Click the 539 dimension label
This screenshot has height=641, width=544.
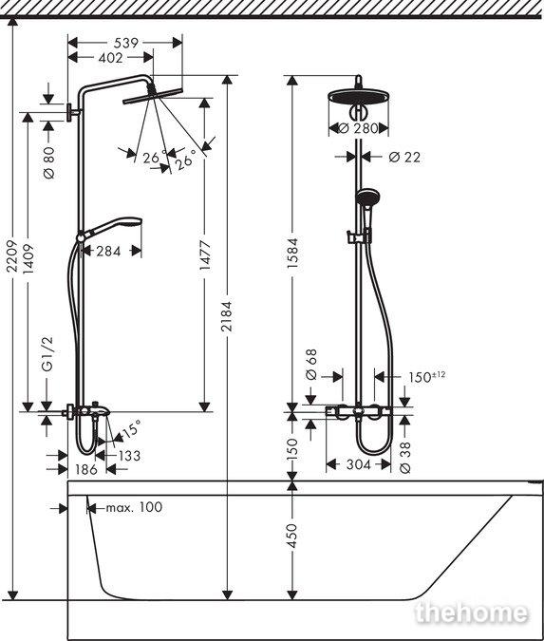tap(125, 43)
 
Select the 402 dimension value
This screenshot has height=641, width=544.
tap(111, 58)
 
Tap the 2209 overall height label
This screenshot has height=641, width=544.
tap(12, 255)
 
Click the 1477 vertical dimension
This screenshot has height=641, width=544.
tap(205, 255)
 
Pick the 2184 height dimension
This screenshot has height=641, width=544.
tap(226, 316)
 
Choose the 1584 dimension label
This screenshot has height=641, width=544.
tap(292, 253)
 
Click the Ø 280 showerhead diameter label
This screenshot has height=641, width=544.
tap(359, 128)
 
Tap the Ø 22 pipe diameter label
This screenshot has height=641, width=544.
tap(404, 157)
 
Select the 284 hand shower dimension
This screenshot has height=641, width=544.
tap(108, 251)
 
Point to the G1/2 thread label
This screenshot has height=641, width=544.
tap(47, 354)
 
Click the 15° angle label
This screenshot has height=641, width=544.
tap(131, 429)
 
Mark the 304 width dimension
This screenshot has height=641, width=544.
tap(359, 464)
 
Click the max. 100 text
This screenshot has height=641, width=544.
tap(134, 507)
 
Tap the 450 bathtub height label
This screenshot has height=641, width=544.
tap(292, 536)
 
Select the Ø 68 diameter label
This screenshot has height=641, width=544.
tap(311, 364)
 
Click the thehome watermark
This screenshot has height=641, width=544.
tap(471, 613)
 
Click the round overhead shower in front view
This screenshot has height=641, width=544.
tap(359, 98)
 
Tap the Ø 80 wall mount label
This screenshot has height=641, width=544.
tap(49, 161)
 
